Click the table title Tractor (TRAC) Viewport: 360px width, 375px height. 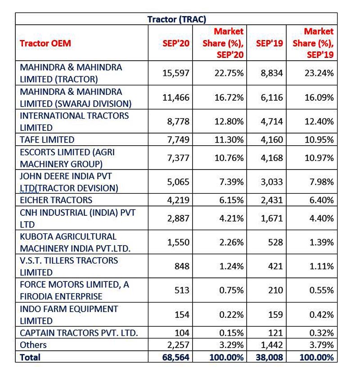[177, 19]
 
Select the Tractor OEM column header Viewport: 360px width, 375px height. [45, 43]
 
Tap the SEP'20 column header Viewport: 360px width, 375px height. [176, 43]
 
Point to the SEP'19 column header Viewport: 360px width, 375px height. [270, 43]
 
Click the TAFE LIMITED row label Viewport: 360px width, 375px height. [47, 140]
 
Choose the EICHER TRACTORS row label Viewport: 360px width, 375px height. [56, 200]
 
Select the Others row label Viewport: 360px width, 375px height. [33, 345]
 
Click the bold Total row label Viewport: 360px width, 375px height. [30, 357]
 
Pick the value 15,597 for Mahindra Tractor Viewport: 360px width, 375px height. [176, 73]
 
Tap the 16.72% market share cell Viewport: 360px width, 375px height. [229, 98]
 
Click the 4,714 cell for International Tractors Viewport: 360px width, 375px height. [272, 121]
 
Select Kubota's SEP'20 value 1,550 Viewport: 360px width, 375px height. [178, 242]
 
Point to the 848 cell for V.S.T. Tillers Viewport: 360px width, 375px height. [182, 266]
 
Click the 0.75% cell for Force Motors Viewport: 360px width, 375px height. [231, 290]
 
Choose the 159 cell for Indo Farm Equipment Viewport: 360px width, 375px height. [275, 314]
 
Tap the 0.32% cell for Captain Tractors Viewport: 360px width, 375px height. [321, 333]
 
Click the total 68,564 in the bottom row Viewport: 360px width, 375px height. [176, 357]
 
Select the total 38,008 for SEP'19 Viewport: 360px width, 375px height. [270, 357]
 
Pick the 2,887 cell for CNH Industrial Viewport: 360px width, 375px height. [178, 219]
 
